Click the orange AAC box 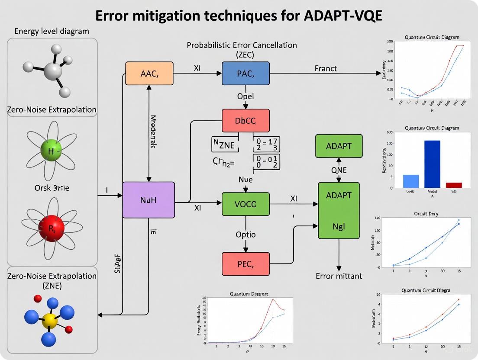(149, 73)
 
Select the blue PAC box (245, 73)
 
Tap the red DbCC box (245, 120)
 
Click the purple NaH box (149, 200)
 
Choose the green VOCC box (245, 204)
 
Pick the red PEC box (245, 264)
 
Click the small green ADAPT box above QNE (339, 145)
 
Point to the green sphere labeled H (52, 151)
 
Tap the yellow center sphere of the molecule (50, 321)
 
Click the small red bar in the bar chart (454, 185)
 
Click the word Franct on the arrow (325, 68)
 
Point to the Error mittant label (339, 276)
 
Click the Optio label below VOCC (245, 235)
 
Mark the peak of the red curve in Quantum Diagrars (273, 299)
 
